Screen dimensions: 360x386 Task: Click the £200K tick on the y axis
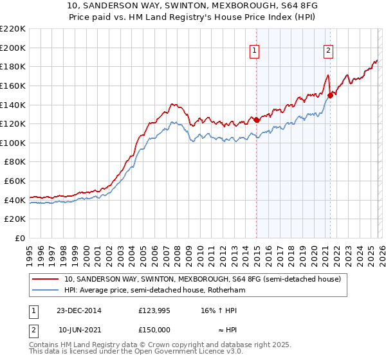[14, 48]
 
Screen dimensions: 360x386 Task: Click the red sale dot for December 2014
[257, 120]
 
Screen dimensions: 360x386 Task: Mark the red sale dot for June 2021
[330, 95]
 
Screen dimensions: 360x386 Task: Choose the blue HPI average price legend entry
[154, 291]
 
